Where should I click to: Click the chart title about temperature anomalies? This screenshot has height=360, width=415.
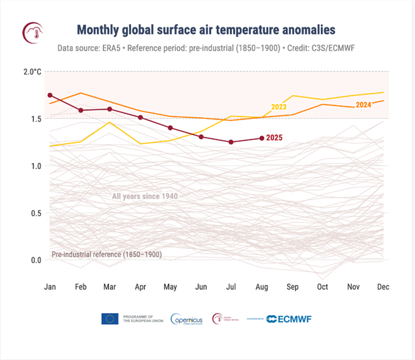(x=207, y=30)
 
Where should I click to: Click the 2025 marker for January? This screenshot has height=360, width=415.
(x=50, y=96)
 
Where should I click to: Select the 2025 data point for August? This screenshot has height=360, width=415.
(x=262, y=138)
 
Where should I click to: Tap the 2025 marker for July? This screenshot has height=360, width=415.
(x=231, y=142)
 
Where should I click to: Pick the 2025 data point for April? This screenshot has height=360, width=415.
(x=140, y=118)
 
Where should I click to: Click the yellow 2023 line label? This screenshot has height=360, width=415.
(x=278, y=107)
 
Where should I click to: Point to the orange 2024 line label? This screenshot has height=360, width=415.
(x=364, y=105)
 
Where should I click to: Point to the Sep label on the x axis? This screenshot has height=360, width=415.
(x=292, y=287)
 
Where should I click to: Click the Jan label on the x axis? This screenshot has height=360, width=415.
(x=50, y=287)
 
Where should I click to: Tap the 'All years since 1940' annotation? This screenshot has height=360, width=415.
(x=145, y=196)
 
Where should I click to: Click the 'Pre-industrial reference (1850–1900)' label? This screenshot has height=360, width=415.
(x=107, y=255)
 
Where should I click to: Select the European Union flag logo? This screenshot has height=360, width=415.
(x=109, y=318)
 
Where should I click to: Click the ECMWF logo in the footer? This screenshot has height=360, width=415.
(x=290, y=318)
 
